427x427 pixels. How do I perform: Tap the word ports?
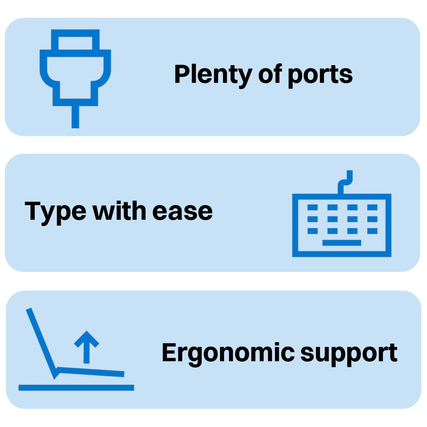(x=320, y=75)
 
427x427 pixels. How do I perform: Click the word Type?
(x=55, y=211)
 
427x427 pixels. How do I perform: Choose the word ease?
(x=182, y=211)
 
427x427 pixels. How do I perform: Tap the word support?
(x=349, y=353)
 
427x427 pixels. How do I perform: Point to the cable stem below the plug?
(x=75, y=117)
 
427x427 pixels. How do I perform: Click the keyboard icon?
(x=342, y=225)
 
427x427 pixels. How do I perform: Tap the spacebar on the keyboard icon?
(x=342, y=243)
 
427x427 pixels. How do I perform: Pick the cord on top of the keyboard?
(x=345, y=182)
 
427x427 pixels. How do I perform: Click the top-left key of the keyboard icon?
(x=313, y=207)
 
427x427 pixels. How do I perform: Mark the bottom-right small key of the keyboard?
(x=372, y=231)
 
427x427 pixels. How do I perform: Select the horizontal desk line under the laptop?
(x=76, y=387)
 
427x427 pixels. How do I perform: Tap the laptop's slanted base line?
(x=91, y=372)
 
